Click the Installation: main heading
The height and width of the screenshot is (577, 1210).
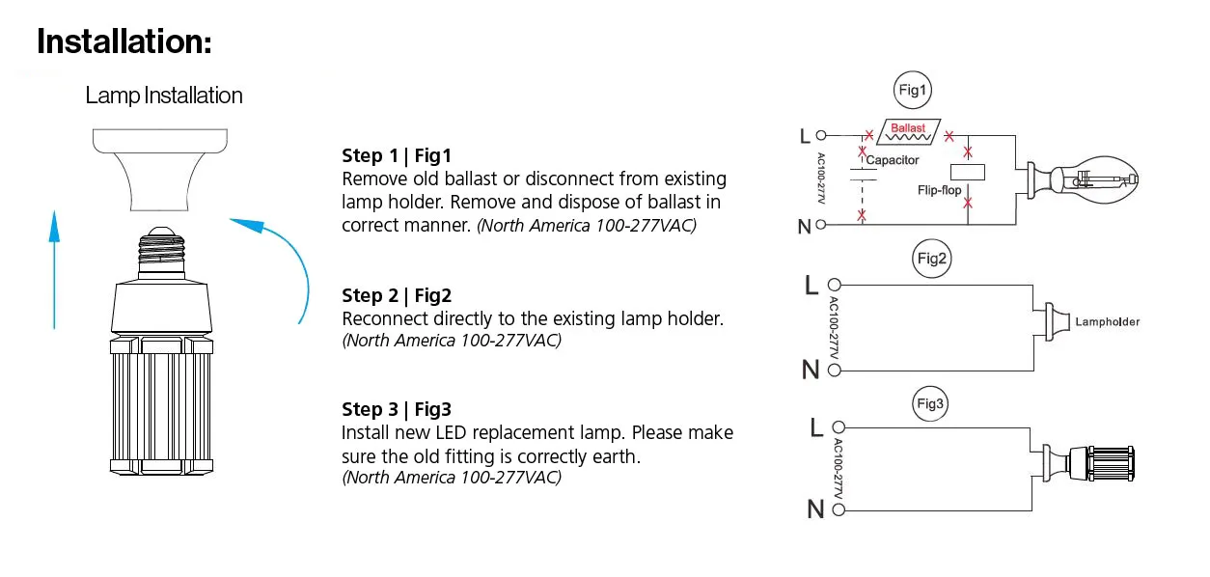tap(124, 41)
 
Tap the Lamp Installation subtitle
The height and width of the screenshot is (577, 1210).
tap(164, 96)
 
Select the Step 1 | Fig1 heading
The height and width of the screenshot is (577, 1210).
tap(396, 155)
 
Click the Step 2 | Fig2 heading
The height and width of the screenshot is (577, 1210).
tap(397, 295)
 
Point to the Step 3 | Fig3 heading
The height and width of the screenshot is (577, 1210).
tap(397, 409)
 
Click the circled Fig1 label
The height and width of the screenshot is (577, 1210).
tap(913, 91)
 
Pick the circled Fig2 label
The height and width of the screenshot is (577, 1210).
tap(932, 259)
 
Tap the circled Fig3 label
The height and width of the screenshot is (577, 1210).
tap(929, 403)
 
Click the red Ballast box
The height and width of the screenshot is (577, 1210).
tap(908, 132)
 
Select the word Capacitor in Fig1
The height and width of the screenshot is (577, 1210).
tap(893, 160)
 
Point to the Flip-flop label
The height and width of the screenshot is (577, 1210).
tap(940, 190)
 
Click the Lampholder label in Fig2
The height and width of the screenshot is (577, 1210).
tap(1108, 322)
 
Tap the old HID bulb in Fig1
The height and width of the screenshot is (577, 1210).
tap(1083, 179)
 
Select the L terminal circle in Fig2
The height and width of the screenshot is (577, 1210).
tap(835, 285)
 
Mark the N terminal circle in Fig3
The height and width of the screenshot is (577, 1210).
tap(839, 509)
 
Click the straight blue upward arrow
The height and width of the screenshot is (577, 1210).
tap(54, 269)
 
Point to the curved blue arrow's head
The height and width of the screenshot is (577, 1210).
tap(249, 225)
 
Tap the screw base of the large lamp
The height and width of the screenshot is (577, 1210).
tap(161, 252)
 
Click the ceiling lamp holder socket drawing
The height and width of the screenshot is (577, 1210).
tap(160, 170)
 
